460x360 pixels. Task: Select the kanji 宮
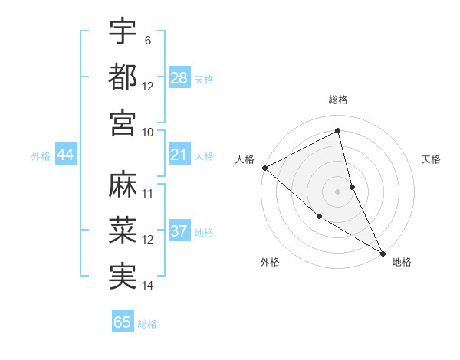pos(123,122)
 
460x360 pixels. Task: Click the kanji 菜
pos(123,231)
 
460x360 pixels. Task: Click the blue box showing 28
pos(179,78)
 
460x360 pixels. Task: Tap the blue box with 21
pos(179,155)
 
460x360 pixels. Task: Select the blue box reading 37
pos(179,232)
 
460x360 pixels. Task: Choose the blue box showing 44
pos(65,155)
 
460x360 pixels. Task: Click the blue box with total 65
pos(123,322)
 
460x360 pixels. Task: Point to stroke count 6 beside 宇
pos(148,41)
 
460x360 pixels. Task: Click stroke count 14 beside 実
pos(148,286)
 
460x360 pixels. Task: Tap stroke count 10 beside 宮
pos(148,131)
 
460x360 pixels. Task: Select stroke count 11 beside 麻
pos(148,195)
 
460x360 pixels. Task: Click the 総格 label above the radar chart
pos(338,100)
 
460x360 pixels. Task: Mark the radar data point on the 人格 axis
pos(264,168)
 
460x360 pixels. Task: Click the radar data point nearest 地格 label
pos(383,252)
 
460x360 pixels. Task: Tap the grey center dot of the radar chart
pos(338,191)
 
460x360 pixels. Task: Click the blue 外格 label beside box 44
pos(41,156)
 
